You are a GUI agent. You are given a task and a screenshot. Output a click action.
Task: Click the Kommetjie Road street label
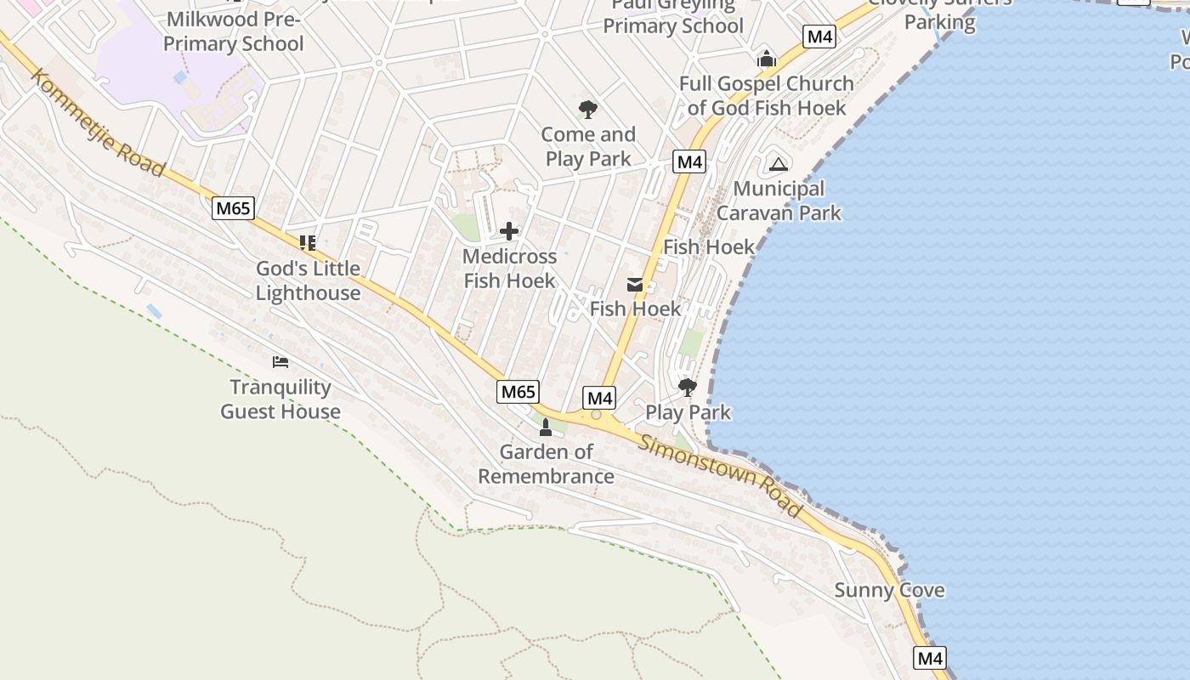[x=98, y=122]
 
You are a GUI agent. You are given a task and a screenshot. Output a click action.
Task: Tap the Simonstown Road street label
[x=720, y=475]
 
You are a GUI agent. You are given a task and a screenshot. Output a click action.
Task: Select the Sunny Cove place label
[x=889, y=590]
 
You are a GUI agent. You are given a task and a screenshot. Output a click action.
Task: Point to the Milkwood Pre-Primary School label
[x=233, y=31]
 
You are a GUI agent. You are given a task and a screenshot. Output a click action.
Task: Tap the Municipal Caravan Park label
[x=779, y=201]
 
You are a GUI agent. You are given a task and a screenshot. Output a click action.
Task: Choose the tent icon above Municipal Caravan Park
[x=779, y=164]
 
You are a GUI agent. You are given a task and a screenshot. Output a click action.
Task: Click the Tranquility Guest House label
[x=280, y=399]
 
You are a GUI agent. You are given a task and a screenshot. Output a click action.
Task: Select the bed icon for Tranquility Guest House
[x=280, y=362]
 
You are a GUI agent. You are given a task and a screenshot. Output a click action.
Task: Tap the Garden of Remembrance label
[x=546, y=464]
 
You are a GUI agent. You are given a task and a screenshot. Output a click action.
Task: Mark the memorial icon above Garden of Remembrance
[x=546, y=427]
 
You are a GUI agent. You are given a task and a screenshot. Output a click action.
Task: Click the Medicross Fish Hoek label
[x=509, y=269]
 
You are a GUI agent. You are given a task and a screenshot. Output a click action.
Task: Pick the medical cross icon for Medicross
[x=509, y=231]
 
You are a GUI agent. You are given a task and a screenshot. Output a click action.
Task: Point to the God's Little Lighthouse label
[x=308, y=280]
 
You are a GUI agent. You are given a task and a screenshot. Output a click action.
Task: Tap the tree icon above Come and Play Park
[x=587, y=109]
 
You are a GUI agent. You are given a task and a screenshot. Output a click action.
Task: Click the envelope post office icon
[x=635, y=285]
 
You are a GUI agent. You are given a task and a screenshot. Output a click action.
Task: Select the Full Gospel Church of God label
[x=767, y=95]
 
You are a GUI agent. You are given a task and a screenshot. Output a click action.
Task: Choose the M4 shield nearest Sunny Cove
[x=930, y=658]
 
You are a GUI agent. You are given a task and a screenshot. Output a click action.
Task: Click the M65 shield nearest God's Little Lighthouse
[x=234, y=208]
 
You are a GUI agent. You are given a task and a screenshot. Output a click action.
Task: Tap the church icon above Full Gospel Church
[x=767, y=59]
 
